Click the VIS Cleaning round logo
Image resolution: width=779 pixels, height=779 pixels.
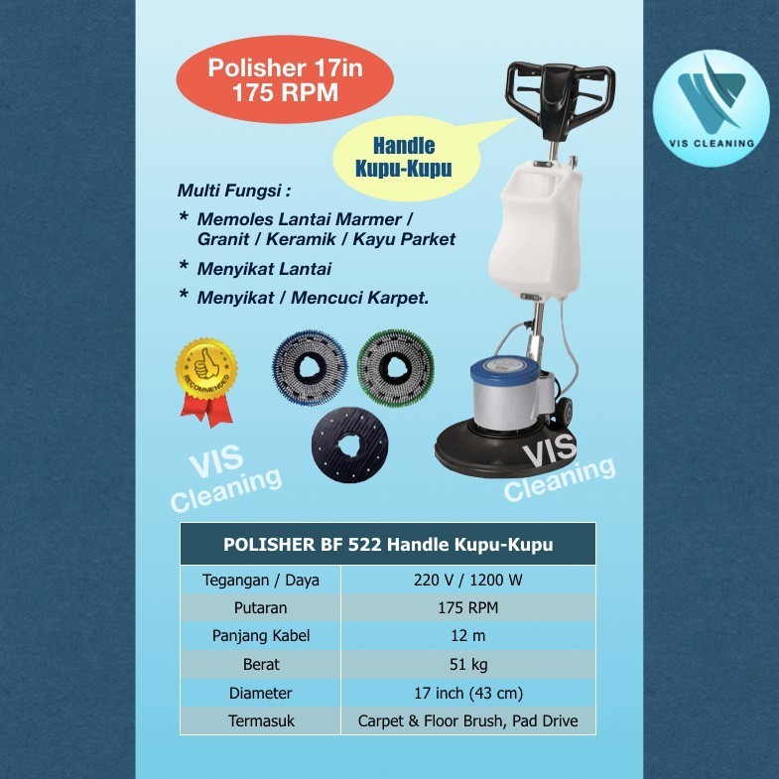pos(713,108)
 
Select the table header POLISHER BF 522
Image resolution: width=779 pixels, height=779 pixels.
pos(388,544)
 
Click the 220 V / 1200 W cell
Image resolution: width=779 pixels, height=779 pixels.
pos(469,581)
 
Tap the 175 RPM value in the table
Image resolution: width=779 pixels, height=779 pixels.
pos(469,608)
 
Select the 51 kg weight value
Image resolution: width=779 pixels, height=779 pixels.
pos(469,665)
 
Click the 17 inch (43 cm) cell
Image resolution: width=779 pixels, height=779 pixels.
pos(469,694)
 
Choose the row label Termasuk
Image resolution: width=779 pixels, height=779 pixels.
pos(261,721)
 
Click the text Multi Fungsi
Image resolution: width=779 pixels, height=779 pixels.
pos(226,190)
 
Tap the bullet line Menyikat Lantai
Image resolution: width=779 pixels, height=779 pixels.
pos(264,268)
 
